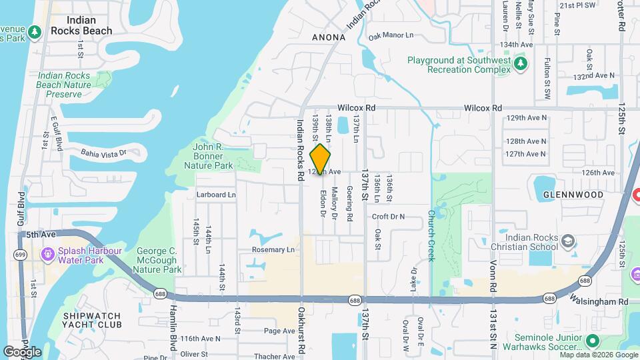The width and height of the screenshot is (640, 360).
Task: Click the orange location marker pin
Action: click(x=321, y=159)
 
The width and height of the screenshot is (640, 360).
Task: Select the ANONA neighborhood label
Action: click(x=329, y=37)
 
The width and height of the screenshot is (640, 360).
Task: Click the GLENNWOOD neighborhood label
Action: click(x=573, y=195)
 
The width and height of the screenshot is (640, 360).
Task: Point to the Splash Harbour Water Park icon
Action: click(x=47, y=254)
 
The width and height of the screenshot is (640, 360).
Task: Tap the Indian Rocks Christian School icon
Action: click(x=568, y=241)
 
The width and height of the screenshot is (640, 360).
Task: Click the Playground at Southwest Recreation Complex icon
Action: click(x=521, y=63)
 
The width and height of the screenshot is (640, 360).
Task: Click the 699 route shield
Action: click(x=21, y=255)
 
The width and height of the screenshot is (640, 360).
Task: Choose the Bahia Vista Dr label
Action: click(x=103, y=153)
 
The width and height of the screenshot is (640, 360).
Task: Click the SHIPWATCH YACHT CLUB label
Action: click(x=92, y=320)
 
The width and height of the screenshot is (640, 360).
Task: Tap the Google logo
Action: click(x=22, y=351)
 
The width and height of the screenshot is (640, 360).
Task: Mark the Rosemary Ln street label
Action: click(x=273, y=250)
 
